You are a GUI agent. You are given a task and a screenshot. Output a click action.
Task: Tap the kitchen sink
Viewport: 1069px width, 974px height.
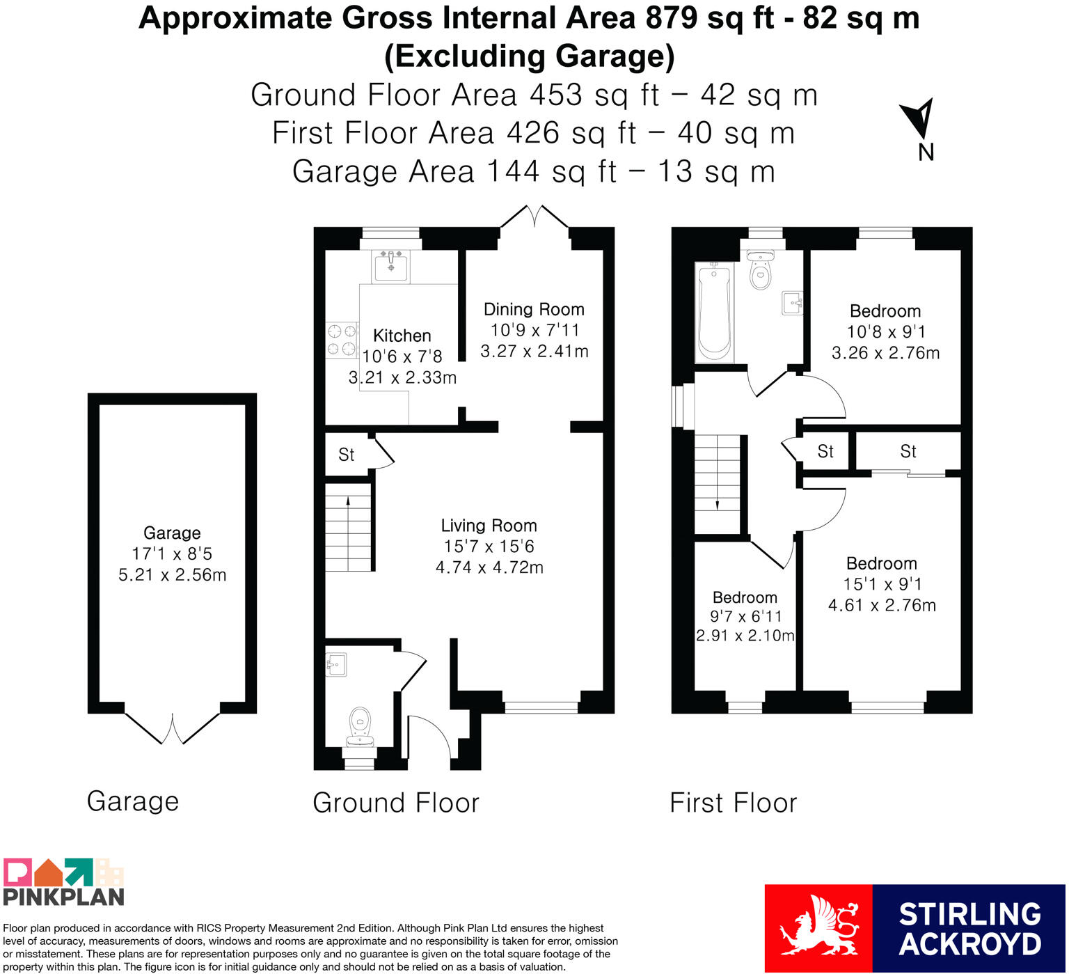coord(390,266)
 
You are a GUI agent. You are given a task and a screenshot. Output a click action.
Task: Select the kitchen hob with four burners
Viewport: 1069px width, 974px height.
coord(342,340)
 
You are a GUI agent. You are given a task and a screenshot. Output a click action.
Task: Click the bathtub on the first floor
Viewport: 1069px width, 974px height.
coord(713,311)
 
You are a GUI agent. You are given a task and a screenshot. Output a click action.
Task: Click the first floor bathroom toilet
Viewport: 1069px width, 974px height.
coord(761,269)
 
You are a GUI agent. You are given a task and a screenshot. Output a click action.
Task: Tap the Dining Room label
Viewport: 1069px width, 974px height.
coord(534,309)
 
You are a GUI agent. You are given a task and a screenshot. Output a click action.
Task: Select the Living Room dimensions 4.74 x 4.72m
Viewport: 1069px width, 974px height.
coord(489,567)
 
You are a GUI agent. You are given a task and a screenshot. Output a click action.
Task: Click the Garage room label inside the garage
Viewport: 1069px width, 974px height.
coord(172,533)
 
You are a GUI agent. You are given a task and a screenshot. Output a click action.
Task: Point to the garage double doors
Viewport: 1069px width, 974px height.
coord(172,728)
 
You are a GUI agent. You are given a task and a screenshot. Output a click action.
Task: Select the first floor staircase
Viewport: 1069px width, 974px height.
coord(718,484)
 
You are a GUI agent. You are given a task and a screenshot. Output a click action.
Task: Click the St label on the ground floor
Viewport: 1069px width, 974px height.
coord(346,455)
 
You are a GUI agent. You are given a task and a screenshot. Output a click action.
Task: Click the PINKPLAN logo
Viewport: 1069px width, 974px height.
coord(63,882)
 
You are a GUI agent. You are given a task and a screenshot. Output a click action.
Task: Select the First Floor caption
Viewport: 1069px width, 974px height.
coord(733,803)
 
